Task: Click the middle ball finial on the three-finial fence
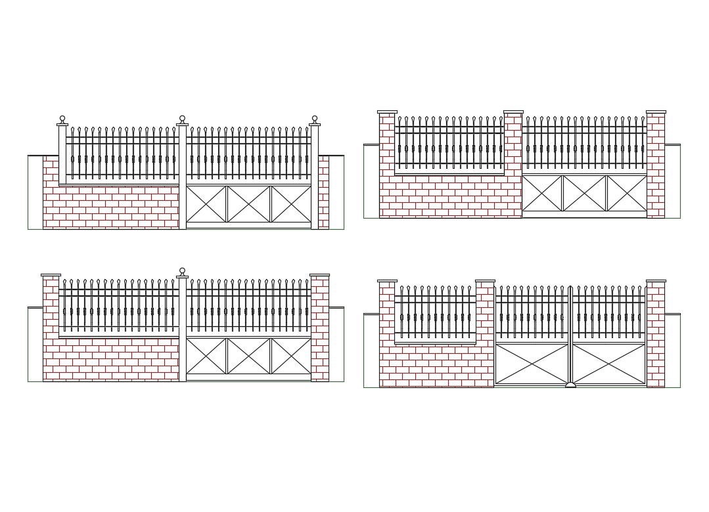[182, 119]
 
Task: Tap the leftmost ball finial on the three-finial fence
[62, 119]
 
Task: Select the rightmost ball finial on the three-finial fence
[315, 119]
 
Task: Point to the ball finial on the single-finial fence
[182, 271]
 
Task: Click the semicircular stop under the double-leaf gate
[570, 385]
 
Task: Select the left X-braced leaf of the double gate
[532, 364]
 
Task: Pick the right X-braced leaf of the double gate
[609, 364]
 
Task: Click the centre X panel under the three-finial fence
[249, 204]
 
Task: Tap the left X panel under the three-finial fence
[206, 204]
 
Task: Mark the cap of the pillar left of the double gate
[485, 281]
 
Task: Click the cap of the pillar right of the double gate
[656, 281]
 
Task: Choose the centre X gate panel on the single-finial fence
[249, 356]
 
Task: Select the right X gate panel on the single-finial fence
[291, 356]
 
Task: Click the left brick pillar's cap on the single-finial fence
[51, 275]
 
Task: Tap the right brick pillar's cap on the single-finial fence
[319, 275]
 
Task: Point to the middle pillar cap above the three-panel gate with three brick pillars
[513, 112]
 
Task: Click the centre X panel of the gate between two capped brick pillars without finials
[584, 194]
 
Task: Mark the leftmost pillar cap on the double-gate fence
[387, 281]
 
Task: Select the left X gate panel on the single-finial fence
[206, 356]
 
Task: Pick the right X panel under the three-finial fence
[291, 204]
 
